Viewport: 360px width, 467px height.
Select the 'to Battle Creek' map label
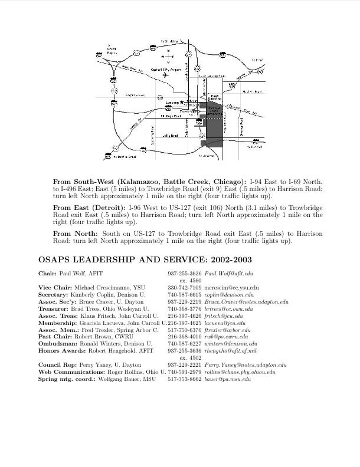click(125, 157)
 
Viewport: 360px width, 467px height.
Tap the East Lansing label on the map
click(215, 97)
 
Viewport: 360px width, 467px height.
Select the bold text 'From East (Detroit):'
click(89, 208)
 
